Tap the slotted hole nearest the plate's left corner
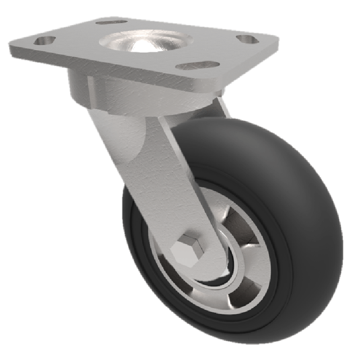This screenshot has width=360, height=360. click(44, 40)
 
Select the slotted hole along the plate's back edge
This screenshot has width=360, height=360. click(111, 21)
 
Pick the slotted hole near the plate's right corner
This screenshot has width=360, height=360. click(246, 39)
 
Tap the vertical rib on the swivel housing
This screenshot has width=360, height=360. click(91, 92)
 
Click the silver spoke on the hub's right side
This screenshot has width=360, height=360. click(259, 261)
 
